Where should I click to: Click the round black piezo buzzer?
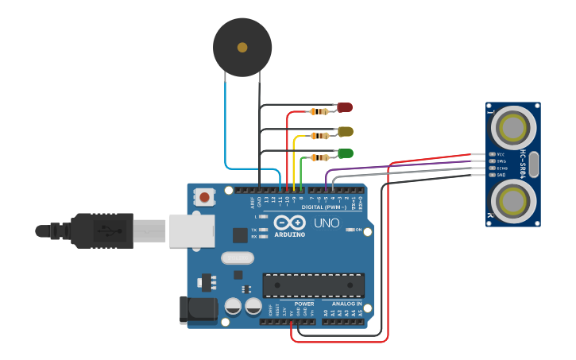coord(242,48)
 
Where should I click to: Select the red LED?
coord(345,107)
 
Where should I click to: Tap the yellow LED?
coord(345,131)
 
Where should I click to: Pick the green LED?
coord(345,153)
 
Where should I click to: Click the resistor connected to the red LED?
coord(319,112)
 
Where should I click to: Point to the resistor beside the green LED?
coord(319,157)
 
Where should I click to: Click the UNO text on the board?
coord(327,223)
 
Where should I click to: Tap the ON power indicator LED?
coord(350,230)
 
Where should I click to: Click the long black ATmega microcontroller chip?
coord(314,285)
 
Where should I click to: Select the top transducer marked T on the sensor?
coord(513,126)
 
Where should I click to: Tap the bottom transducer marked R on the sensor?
coord(513,199)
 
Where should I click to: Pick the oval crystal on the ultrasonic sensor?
coord(534,165)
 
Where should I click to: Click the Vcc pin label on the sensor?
coord(501,154)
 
